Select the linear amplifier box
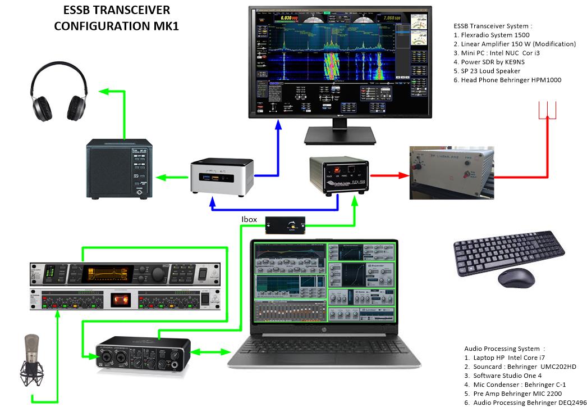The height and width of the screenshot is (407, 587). pyautogui.click(x=452, y=172)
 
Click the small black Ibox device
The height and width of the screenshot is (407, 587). pyautogui.click(x=286, y=225)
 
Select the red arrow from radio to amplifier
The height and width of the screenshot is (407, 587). pyautogui.click(x=387, y=175)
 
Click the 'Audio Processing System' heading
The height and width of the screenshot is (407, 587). pyautogui.click(x=505, y=349)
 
